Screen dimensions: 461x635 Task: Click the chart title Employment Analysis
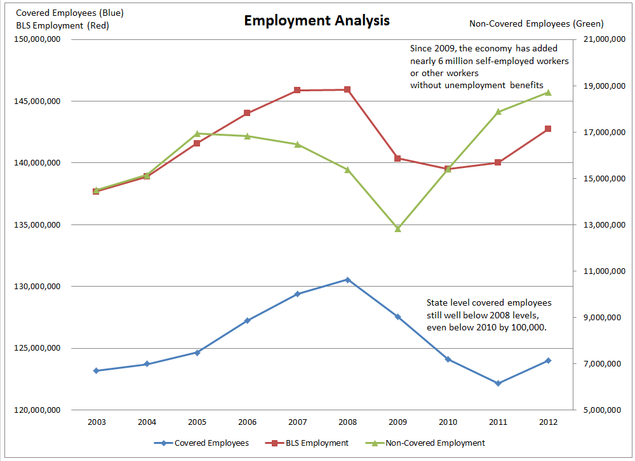[317, 21]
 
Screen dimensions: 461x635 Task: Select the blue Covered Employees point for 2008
[347, 280]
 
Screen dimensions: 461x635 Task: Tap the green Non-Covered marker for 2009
[398, 228]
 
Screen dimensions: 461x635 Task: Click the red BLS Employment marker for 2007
[297, 90]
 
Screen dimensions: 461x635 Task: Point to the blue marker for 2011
[498, 383]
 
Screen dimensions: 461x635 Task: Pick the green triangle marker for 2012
[548, 93]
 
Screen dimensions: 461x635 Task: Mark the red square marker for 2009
[398, 159]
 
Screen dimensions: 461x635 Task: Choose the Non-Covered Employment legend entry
[435, 443]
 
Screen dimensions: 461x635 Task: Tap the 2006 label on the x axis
[247, 422]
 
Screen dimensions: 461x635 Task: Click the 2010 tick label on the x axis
[448, 422]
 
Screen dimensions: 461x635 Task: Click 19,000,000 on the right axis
[599, 86]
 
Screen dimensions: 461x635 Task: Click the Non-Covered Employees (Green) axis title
[536, 24]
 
